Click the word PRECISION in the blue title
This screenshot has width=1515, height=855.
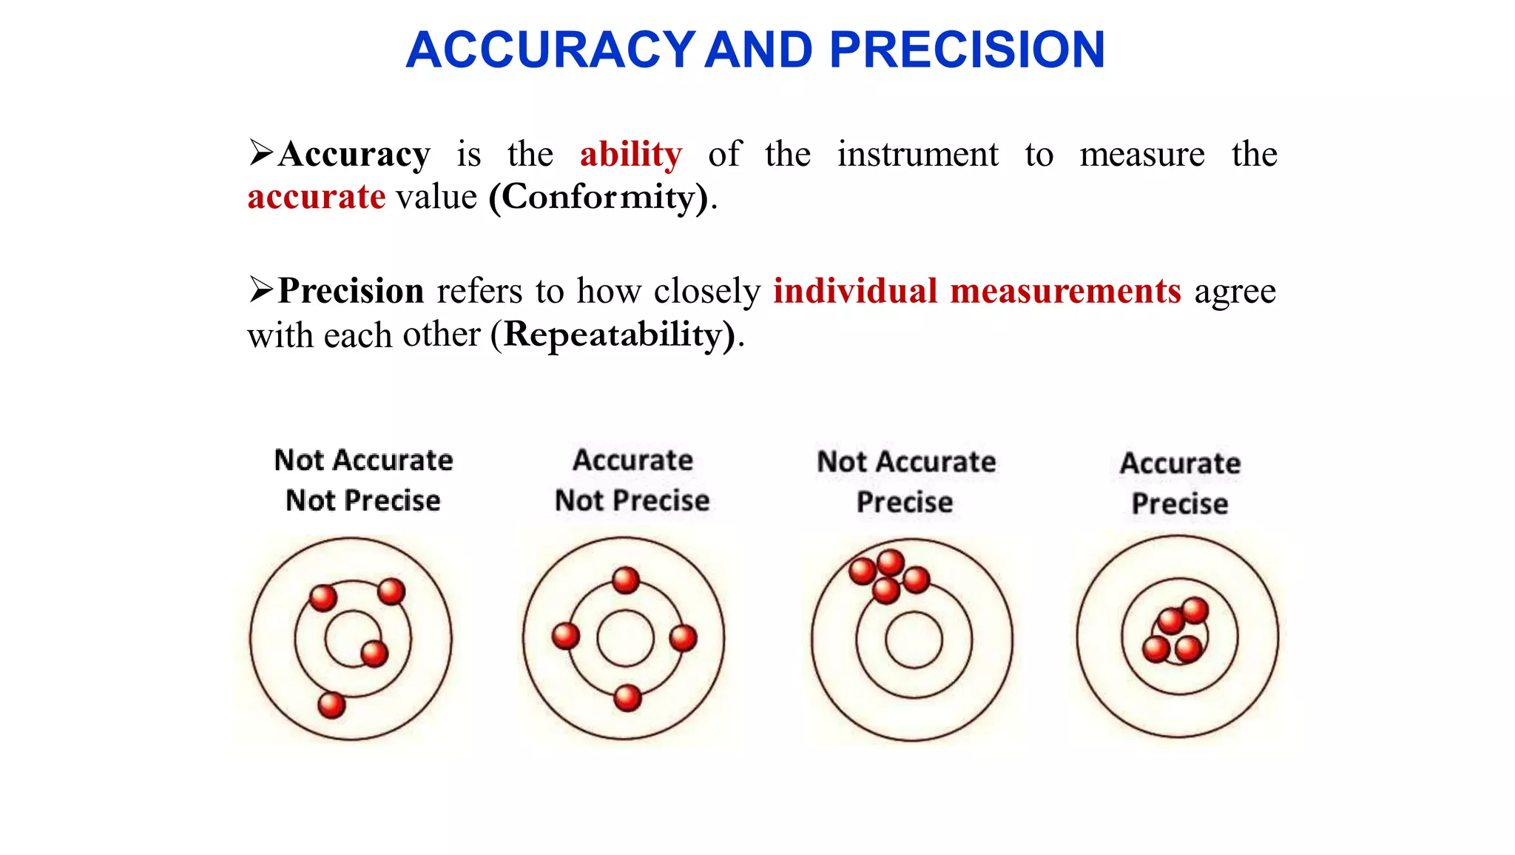tap(967, 50)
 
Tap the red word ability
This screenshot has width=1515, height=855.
tap(630, 155)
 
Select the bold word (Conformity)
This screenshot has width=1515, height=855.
tap(598, 198)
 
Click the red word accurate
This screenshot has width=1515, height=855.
tap(316, 198)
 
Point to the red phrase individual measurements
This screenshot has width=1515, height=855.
tap(976, 291)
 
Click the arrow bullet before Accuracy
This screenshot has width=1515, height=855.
tap(261, 152)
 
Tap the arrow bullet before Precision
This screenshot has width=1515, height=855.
tap(261, 289)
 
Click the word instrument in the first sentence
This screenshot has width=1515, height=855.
tap(917, 155)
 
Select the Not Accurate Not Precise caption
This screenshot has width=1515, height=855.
tap(363, 480)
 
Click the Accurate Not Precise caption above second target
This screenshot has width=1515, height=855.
tap(632, 480)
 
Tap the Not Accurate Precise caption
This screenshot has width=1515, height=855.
tap(906, 481)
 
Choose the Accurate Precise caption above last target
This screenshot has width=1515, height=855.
tap(1180, 483)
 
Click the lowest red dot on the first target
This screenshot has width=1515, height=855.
tap(331, 705)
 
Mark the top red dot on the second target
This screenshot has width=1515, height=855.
tap(626, 580)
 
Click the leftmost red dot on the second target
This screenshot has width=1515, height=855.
tap(566, 636)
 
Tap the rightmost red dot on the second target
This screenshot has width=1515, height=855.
tap(683, 637)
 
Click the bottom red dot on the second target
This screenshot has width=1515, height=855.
tap(627, 697)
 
